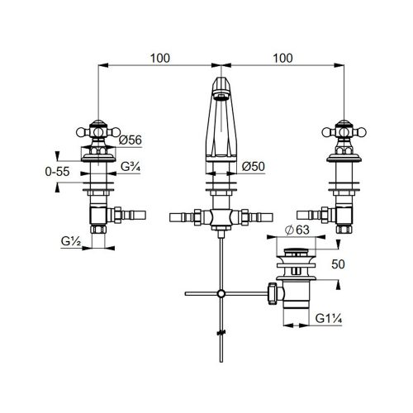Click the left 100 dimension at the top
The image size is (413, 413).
click(x=160, y=59)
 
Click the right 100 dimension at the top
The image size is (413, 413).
click(x=282, y=59)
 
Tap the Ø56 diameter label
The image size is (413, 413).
click(x=131, y=140)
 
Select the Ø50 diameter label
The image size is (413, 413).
click(x=253, y=166)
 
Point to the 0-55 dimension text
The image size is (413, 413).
click(x=57, y=172)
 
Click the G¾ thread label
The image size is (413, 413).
click(x=131, y=167)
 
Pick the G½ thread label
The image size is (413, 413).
click(x=71, y=241)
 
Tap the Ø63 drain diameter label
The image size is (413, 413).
click(x=297, y=230)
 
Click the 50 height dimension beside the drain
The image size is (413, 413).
click(x=338, y=264)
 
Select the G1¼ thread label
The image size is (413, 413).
click(x=329, y=319)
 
